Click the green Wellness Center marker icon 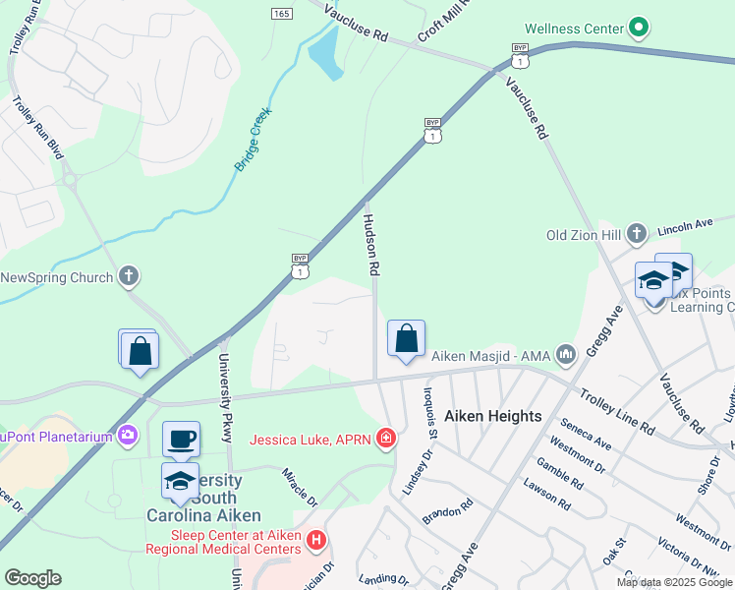point(640,28)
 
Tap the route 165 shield point(282,13)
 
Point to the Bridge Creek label point(253,141)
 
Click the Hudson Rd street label point(371,244)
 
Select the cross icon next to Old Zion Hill point(637,234)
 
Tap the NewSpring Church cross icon point(129,277)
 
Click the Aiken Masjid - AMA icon point(565,353)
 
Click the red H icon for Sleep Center point(315,540)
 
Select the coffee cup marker point(181,439)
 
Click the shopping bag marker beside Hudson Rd point(406,338)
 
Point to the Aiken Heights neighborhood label point(493,416)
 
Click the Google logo point(32,578)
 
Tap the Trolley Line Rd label point(616,412)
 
